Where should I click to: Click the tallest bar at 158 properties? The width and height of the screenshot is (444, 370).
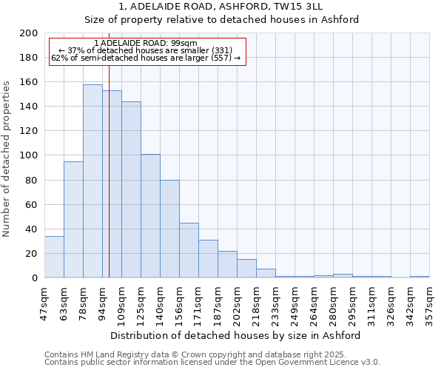(92, 181)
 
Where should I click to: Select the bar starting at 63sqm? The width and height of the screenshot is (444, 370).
(73, 220)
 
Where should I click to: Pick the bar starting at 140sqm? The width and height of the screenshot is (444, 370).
(169, 229)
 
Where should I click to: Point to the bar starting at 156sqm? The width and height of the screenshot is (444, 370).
(189, 250)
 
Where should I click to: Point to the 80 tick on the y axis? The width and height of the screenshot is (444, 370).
(32, 180)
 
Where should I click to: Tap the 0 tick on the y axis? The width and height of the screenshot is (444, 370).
(35, 278)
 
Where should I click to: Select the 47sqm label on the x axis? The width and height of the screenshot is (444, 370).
(44, 303)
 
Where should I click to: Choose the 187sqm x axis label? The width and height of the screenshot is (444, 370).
(218, 304)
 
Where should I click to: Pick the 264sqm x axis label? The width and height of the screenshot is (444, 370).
(314, 304)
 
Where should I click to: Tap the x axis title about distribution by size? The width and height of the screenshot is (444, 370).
(235, 335)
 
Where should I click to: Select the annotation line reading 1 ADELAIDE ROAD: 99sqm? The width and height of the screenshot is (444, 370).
(146, 44)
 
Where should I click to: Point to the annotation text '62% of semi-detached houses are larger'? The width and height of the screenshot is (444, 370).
(146, 58)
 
